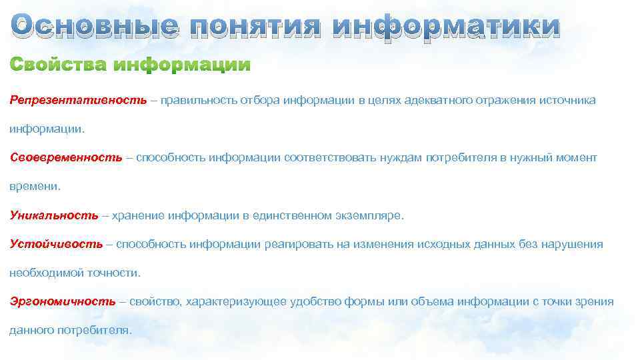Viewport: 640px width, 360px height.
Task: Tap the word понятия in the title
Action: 255,26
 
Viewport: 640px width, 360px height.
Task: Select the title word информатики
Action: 446,26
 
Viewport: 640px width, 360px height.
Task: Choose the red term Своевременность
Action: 66,158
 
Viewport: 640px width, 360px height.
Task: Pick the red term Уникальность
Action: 54,215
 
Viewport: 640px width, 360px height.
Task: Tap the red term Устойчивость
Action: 56,244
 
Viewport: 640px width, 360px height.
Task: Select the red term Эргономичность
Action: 63,301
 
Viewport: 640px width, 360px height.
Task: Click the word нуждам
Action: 401,158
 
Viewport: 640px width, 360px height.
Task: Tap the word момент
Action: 575,158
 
